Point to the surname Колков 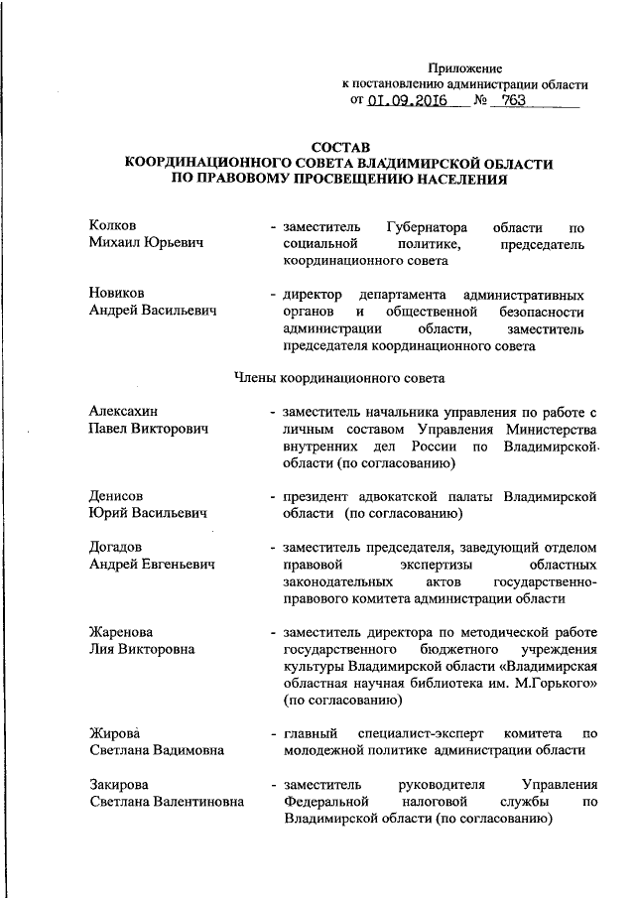pyautogui.click(x=111, y=226)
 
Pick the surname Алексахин pyautogui.click(x=123, y=412)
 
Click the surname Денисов pyautogui.click(x=116, y=496)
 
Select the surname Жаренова pyautogui.click(x=122, y=632)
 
